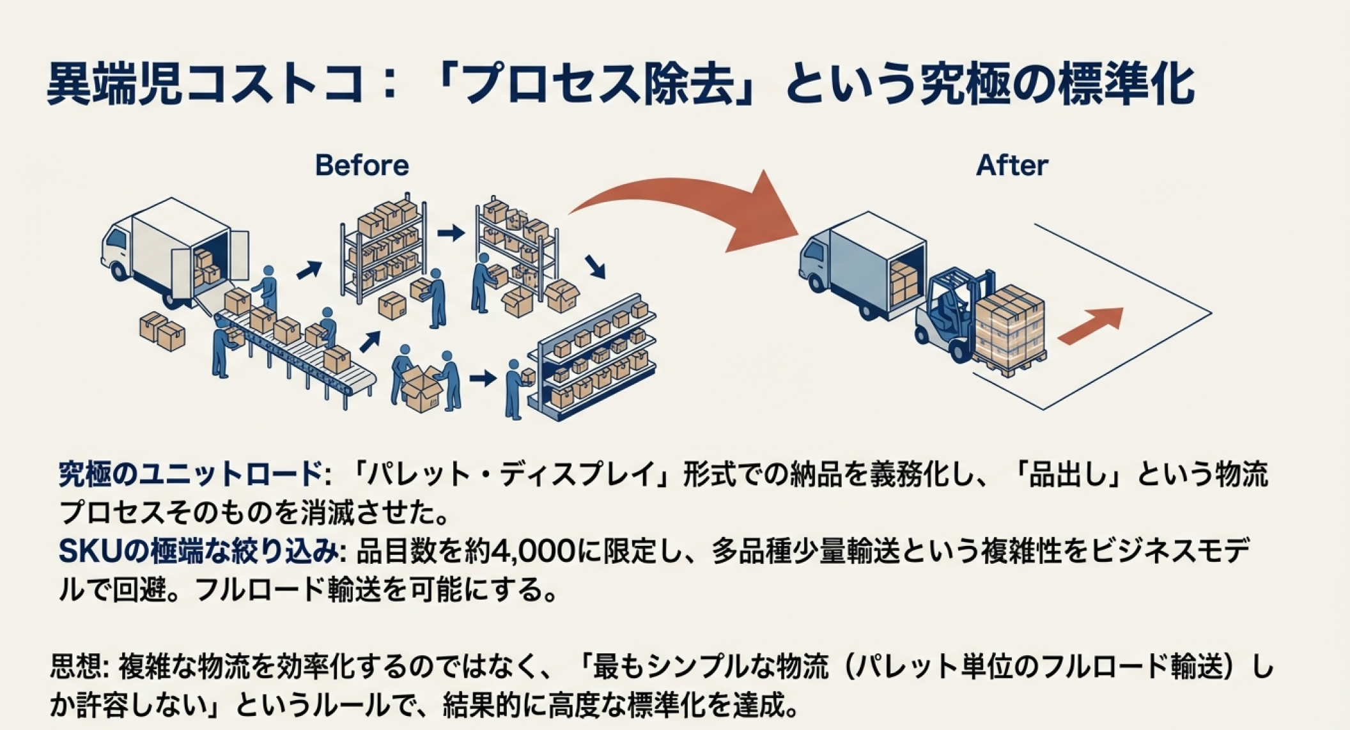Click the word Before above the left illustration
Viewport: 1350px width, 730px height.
pos(362,166)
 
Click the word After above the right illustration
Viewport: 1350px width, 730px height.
pos(1011,166)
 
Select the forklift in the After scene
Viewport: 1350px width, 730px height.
pos(952,313)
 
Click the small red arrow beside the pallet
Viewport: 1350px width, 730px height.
pos(1090,325)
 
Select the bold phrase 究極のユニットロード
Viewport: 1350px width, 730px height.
pos(190,474)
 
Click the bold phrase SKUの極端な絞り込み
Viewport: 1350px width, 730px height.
pos(198,551)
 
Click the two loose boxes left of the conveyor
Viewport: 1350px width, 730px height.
pos(162,331)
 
